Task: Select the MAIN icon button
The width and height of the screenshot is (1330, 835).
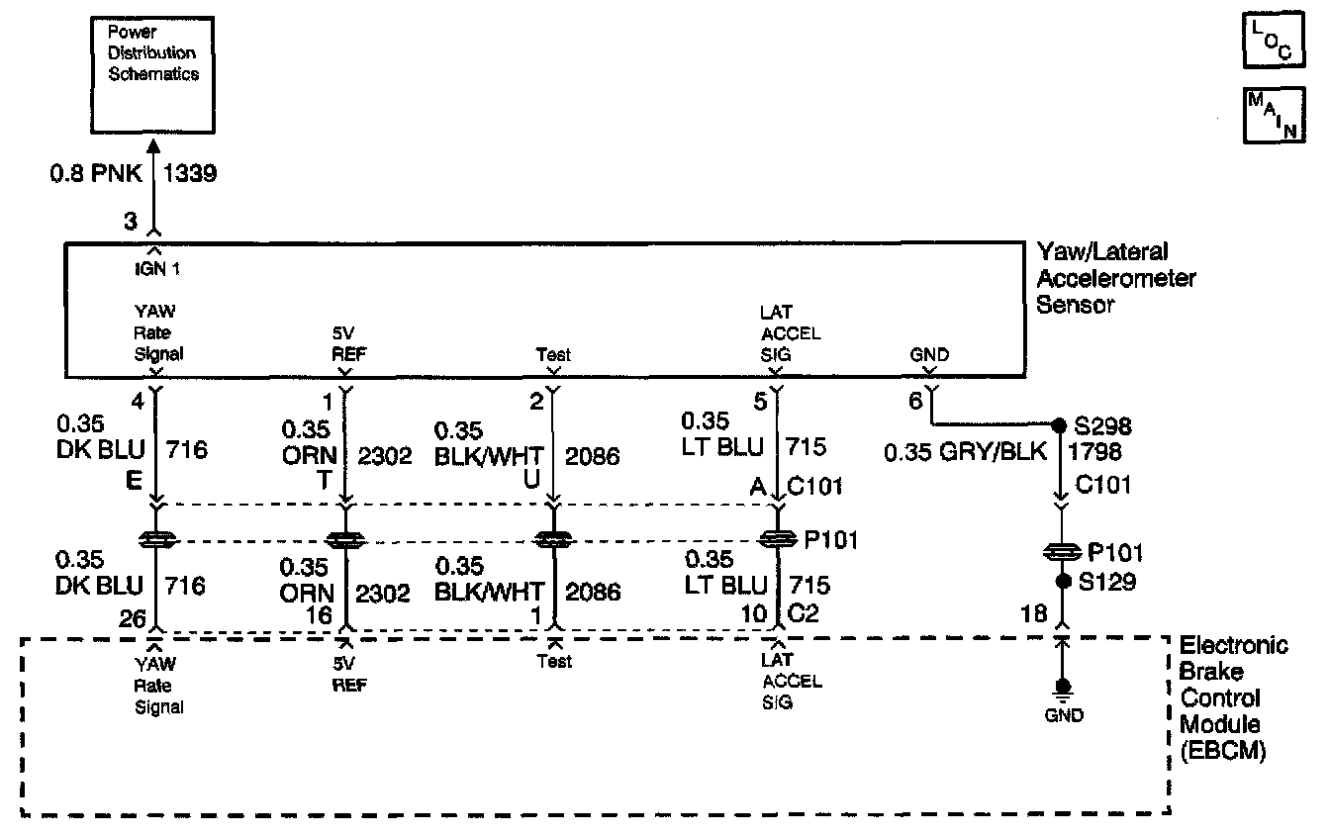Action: pyautogui.click(x=1271, y=115)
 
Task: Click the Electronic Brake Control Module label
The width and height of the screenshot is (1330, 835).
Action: pyautogui.click(x=1232, y=698)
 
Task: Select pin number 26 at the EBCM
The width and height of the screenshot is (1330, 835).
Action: pyautogui.click(x=133, y=616)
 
